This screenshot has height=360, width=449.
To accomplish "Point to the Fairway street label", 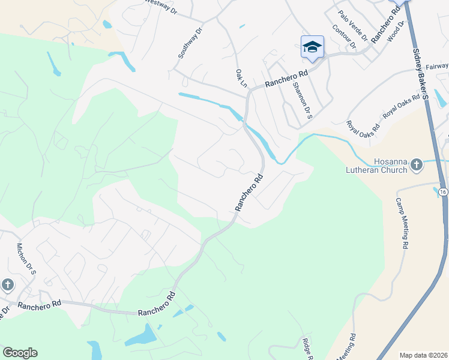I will pos(437,66).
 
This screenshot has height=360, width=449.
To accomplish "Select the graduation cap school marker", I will pos(312,47).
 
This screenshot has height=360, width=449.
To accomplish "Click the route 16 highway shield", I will pos(443,191).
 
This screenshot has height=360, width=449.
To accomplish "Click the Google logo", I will pos(20,353).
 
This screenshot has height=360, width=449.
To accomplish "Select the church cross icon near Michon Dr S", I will pos(7,284).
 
